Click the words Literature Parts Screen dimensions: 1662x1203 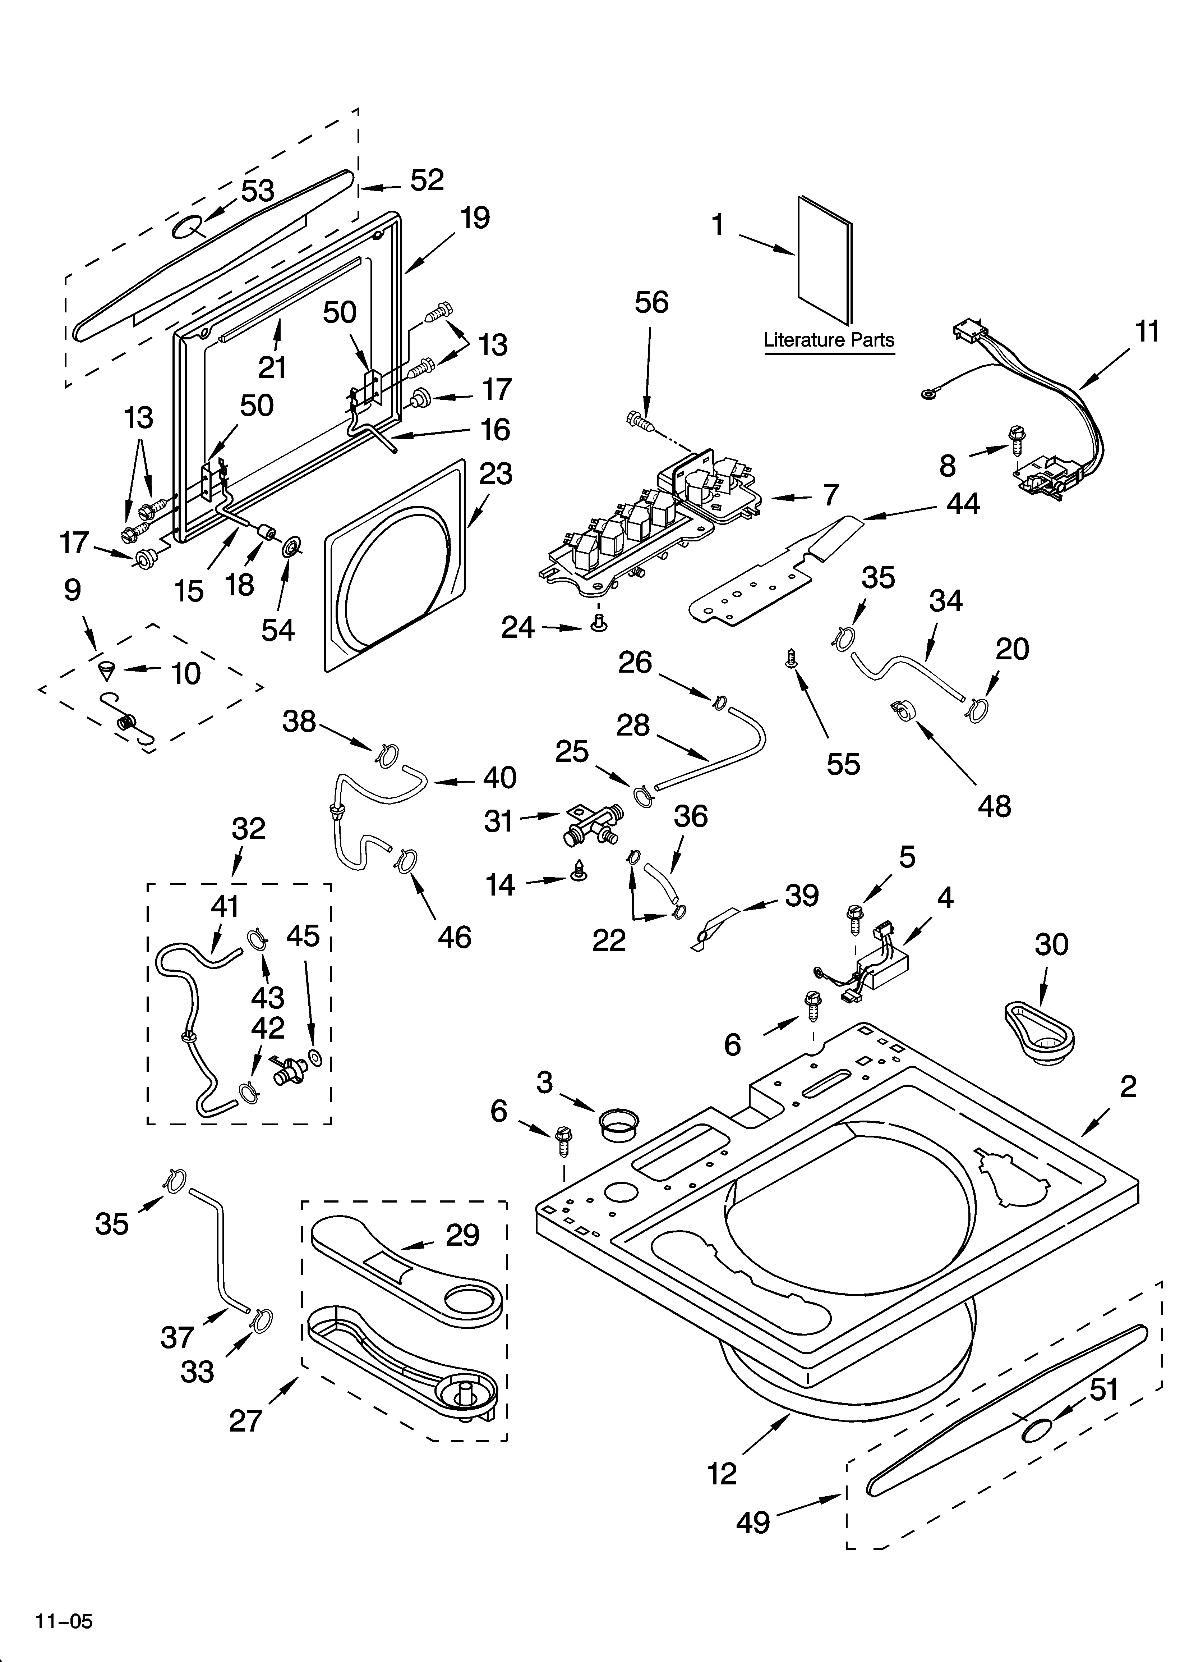(829, 340)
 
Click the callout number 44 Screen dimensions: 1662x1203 (962, 503)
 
